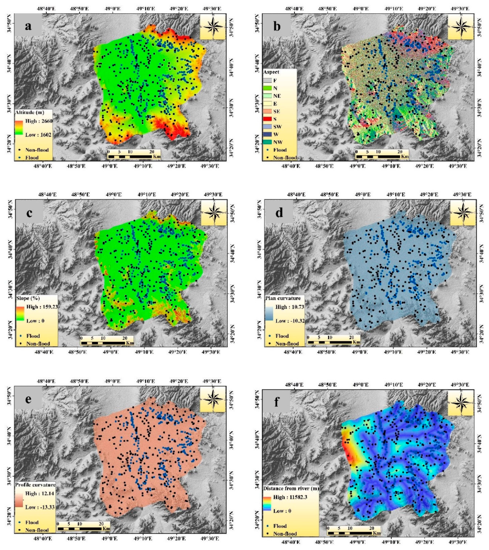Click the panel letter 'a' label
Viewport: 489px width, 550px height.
[x=28, y=26]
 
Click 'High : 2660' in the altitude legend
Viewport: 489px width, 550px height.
[x=38, y=121]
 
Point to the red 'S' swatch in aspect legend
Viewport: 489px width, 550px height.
[x=268, y=119]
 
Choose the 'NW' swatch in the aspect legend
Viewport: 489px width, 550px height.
[x=268, y=142]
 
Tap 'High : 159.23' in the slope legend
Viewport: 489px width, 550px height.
[x=42, y=307]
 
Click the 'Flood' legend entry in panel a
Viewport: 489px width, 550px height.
[x=32, y=158]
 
